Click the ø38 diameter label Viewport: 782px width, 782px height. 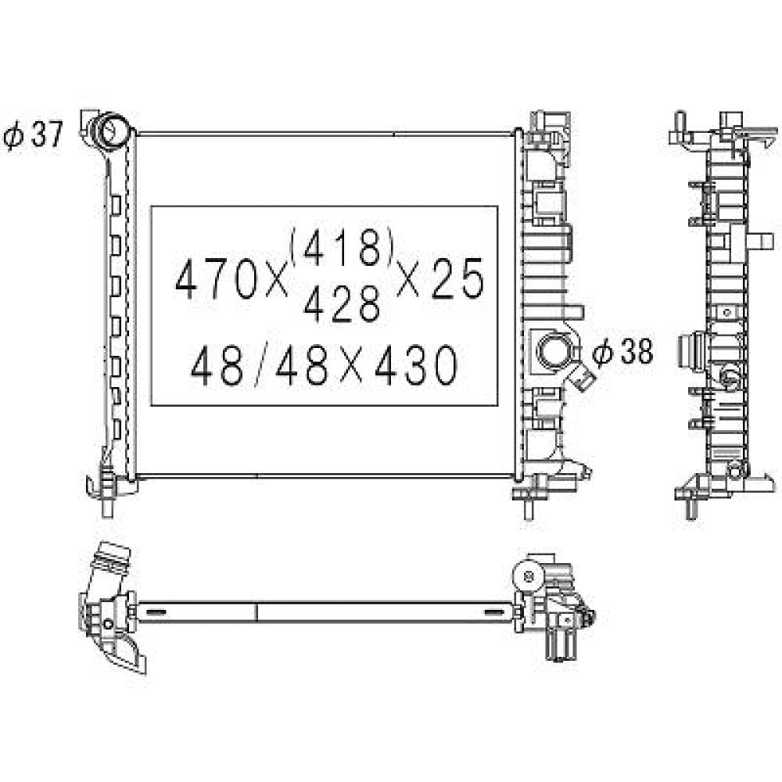pyautogui.click(x=622, y=353)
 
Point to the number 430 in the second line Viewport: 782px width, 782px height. pyautogui.click(x=415, y=365)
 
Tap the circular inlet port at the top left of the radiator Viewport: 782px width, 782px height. pyautogui.click(x=111, y=130)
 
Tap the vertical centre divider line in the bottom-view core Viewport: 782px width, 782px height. pyautogui.click(x=256, y=612)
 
